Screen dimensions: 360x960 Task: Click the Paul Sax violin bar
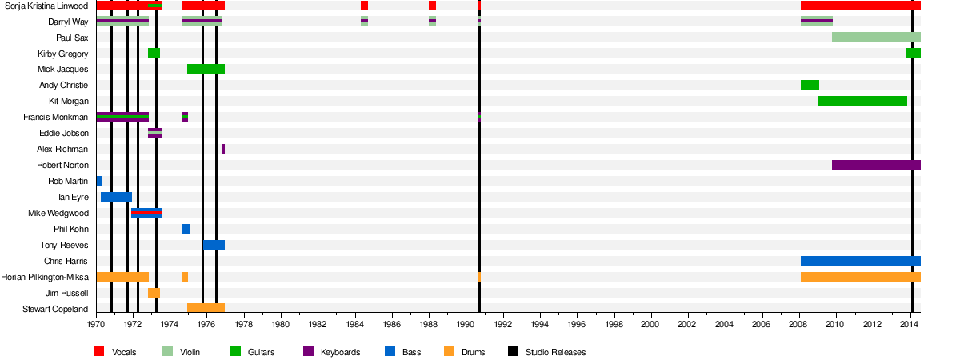pyautogui.click(x=876, y=37)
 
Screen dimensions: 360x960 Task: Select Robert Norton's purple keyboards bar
pyautogui.click(x=876, y=165)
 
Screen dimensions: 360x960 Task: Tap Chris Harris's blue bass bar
pyautogui.click(x=860, y=261)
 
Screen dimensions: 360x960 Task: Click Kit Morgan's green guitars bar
pyautogui.click(x=862, y=101)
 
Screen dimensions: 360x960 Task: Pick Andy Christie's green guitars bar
pyautogui.click(x=810, y=85)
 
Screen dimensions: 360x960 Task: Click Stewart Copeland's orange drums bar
pyautogui.click(x=206, y=308)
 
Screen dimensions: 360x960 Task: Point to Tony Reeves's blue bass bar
pyautogui.click(x=214, y=245)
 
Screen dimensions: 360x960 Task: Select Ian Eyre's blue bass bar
pyautogui.click(x=116, y=197)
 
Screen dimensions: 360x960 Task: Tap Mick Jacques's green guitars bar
pyautogui.click(x=206, y=69)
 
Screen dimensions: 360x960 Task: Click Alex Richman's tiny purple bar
pyautogui.click(x=223, y=149)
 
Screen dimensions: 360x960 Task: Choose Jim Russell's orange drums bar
pyautogui.click(x=154, y=293)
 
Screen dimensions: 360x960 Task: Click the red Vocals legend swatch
pyautogui.click(x=99, y=351)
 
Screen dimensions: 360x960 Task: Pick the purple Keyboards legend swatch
pyautogui.click(x=308, y=351)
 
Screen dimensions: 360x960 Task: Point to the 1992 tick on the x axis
pyautogui.click(x=502, y=315)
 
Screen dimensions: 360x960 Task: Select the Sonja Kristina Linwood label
pyautogui.click(x=46, y=6)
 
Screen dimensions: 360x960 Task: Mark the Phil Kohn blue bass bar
pyautogui.click(x=186, y=229)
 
